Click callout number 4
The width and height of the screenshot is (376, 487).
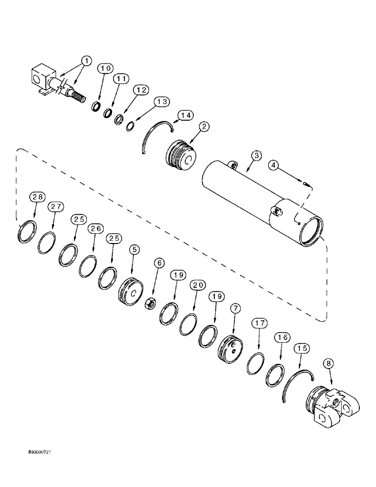pos(275,166)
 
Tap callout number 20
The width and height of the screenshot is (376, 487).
pos(197,285)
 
